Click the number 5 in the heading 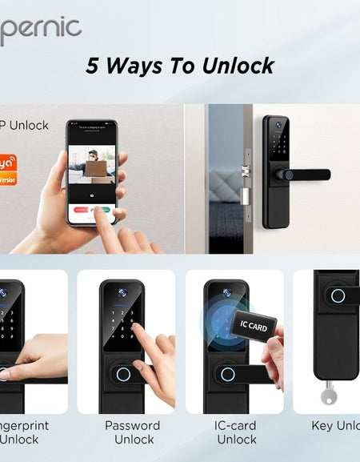pos(94,66)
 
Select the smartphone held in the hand pos(91,172)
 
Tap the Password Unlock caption pos(133,432)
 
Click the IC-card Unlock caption pos(237,432)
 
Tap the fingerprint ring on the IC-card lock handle pos(226,375)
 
